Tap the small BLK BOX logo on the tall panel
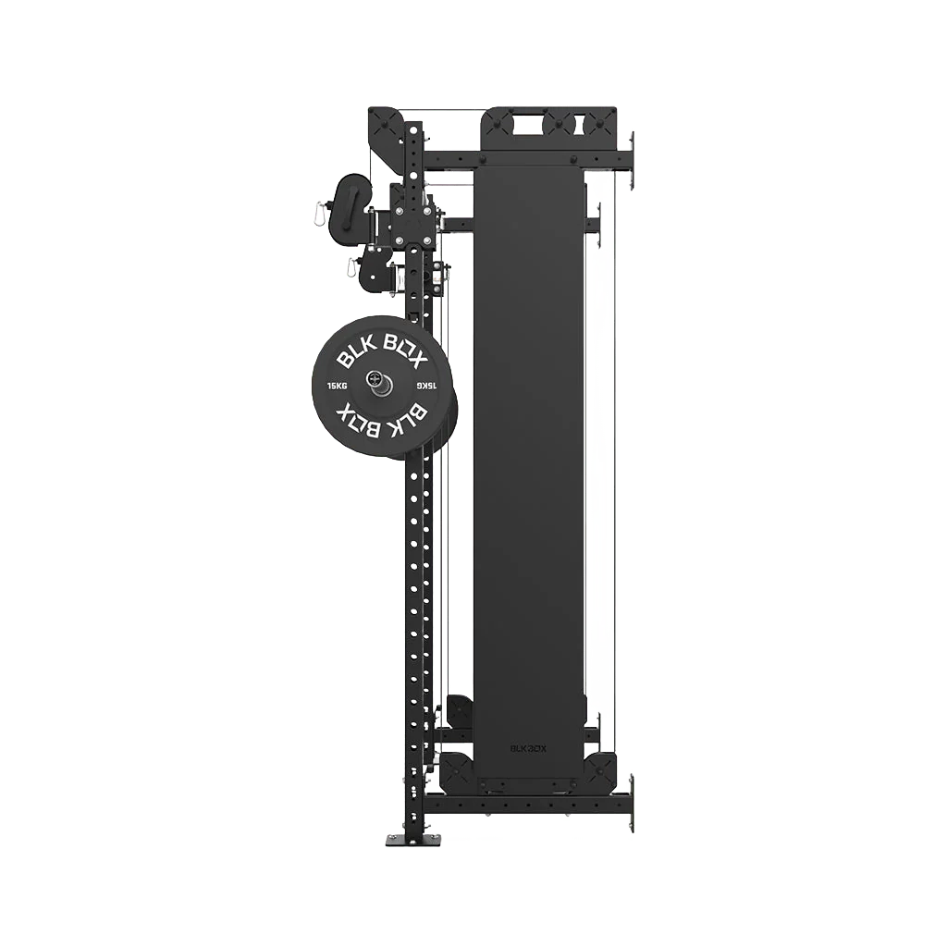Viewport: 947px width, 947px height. tap(528, 742)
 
